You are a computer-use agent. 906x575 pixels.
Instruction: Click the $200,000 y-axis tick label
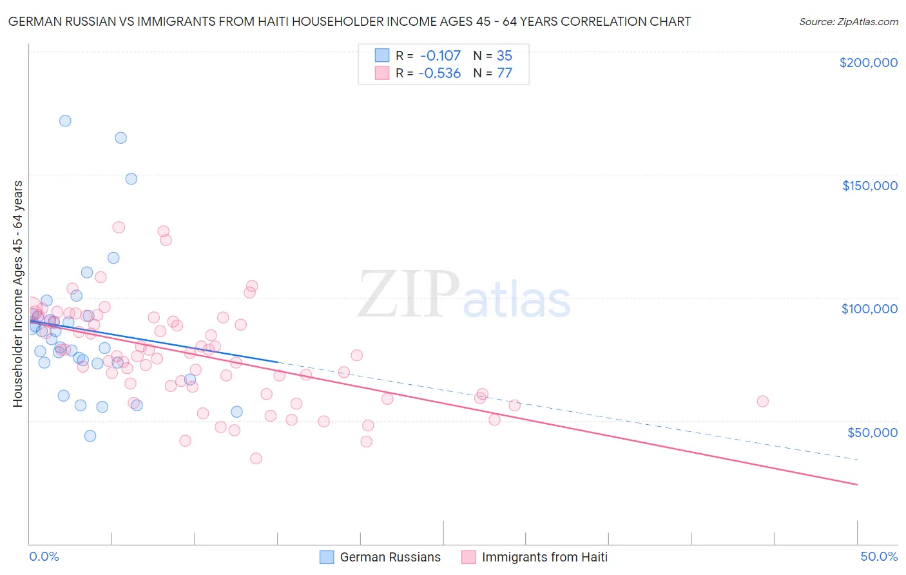[x=868, y=63]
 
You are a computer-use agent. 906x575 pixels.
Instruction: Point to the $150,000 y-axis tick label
[x=869, y=186]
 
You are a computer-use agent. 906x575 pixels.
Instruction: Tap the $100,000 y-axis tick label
[x=869, y=309]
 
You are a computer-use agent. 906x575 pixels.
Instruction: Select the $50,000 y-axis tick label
[x=872, y=433]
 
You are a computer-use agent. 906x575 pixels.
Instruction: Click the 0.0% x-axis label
[x=44, y=556]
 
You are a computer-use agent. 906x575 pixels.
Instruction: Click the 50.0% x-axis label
[x=879, y=556]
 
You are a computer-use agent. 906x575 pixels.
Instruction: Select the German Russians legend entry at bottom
[x=380, y=557]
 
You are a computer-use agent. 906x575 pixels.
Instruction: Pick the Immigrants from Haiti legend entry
[x=535, y=557]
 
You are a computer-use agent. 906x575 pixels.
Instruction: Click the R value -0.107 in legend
[x=439, y=55]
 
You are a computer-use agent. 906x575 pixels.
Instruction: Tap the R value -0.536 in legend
[x=439, y=73]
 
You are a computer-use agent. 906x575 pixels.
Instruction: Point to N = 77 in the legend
[x=492, y=73]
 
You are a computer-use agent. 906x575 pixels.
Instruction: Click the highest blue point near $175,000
[x=65, y=121]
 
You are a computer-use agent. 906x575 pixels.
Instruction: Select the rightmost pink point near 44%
[x=762, y=401]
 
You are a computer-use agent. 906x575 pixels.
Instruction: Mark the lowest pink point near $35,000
[x=256, y=458]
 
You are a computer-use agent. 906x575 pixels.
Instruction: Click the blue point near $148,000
[x=131, y=179]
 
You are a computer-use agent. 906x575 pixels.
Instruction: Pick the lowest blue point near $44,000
[x=90, y=436]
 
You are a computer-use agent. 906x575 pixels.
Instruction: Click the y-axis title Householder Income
[x=17, y=293]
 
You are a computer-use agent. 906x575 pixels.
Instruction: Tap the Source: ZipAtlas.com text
[x=848, y=22]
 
